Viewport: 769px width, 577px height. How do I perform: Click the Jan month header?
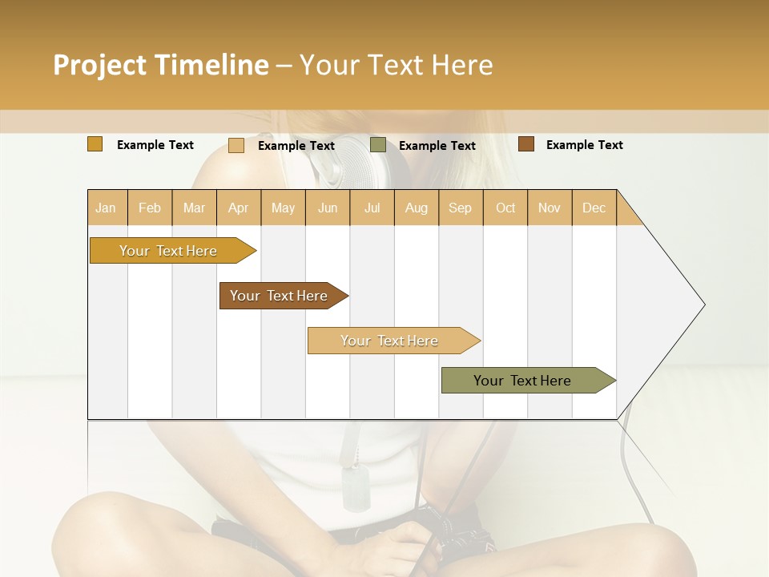tap(106, 208)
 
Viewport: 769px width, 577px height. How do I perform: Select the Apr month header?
tap(239, 208)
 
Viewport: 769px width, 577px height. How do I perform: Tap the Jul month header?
tap(372, 208)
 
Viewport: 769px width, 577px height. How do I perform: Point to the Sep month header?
tap(460, 208)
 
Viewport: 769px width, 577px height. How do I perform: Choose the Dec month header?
tap(594, 208)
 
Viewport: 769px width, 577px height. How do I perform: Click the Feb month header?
tap(150, 208)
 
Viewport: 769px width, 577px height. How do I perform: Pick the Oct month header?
tap(505, 208)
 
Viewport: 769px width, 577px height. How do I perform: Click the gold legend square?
tap(95, 144)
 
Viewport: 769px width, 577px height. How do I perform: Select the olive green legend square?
tap(378, 145)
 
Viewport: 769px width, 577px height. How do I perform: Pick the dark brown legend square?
tap(525, 144)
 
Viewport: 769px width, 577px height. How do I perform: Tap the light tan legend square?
tap(236, 145)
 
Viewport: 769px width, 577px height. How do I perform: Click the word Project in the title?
tap(99, 65)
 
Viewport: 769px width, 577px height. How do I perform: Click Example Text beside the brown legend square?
tap(584, 145)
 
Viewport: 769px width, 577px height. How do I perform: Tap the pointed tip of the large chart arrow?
tap(703, 305)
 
